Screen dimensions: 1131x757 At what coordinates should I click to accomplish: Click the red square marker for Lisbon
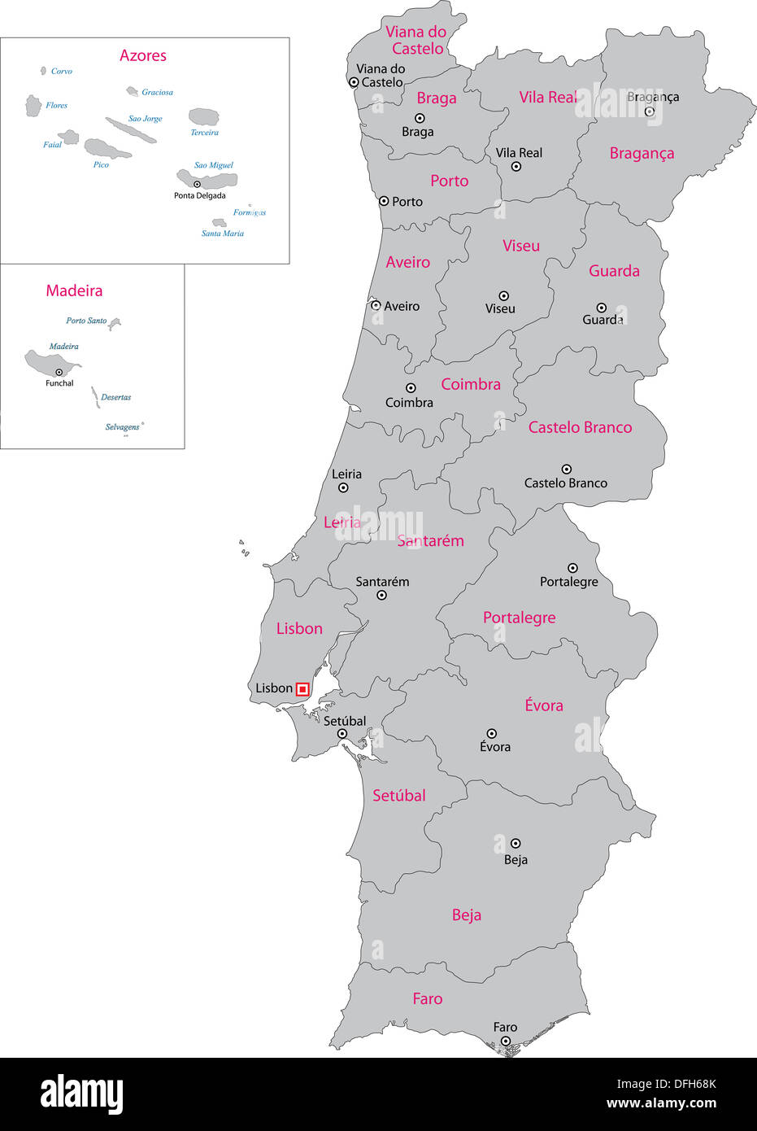pyautogui.click(x=302, y=689)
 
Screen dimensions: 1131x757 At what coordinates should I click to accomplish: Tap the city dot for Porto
pyautogui.click(x=384, y=200)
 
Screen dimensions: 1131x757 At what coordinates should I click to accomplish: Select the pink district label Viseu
pyautogui.click(x=521, y=246)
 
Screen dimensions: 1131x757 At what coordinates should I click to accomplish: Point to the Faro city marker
pyautogui.click(x=505, y=1041)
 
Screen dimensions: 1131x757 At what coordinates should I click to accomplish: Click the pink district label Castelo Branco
pyautogui.click(x=580, y=427)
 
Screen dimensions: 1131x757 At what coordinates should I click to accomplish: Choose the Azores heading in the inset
pyautogui.click(x=143, y=55)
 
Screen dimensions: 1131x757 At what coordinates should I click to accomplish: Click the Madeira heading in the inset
pyautogui.click(x=74, y=290)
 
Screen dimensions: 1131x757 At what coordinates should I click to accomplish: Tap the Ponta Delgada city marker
pyautogui.click(x=197, y=185)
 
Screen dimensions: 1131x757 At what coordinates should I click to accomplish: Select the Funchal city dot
pyautogui.click(x=59, y=373)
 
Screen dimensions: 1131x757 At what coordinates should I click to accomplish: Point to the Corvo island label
pyautogui.click(x=61, y=72)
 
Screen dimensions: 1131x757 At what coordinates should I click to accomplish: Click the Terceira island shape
pyautogui.click(x=204, y=117)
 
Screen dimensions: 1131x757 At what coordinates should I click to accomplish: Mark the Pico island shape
pyautogui.click(x=107, y=148)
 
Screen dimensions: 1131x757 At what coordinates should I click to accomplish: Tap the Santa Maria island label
pyautogui.click(x=223, y=234)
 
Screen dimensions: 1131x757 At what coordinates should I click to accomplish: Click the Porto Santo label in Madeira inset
pyautogui.click(x=86, y=321)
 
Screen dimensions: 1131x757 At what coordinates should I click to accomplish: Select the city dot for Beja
pyautogui.click(x=516, y=843)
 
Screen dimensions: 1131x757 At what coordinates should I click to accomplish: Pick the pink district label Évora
pyautogui.click(x=544, y=705)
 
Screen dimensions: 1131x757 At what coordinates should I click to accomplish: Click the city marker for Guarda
pyautogui.click(x=601, y=308)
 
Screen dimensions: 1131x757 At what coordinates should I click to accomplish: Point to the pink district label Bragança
pyautogui.click(x=642, y=154)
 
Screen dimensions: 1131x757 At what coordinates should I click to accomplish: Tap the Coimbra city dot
pyautogui.click(x=411, y=388)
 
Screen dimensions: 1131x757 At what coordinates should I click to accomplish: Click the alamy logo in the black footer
pyautogui.click(x=82, y=1094)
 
